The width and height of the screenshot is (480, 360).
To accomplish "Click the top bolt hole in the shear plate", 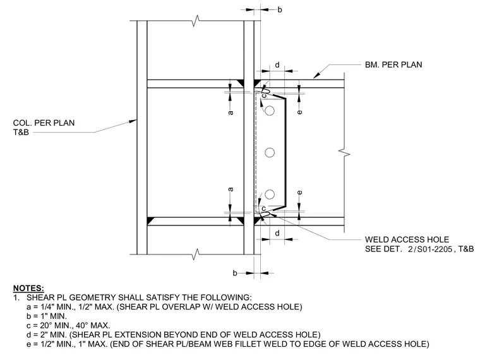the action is [270, 111].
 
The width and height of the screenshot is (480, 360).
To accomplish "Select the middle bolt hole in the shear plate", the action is [270, 152].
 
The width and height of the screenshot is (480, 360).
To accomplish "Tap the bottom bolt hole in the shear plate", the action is [270, 195].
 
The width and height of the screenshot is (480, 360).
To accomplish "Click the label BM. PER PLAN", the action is [393, 65].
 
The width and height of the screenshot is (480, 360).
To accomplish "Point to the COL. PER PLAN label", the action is [44, 123].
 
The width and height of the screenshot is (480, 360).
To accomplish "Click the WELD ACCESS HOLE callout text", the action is [407, 239].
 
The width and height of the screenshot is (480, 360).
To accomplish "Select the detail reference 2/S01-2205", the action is [430, 249].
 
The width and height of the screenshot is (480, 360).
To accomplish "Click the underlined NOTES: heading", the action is [28, 288].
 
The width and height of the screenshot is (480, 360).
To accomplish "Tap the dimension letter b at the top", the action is [280, 10].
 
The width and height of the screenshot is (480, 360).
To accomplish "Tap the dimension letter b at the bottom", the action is [235, 273].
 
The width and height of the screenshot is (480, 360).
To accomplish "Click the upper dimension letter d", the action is [277, 65].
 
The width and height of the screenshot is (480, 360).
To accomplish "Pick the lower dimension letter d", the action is [277, 233].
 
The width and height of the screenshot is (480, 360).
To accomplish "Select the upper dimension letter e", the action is [300, 112].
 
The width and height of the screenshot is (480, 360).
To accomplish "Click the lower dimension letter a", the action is [231, 189].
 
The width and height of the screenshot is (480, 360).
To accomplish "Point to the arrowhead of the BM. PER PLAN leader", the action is [316, 75].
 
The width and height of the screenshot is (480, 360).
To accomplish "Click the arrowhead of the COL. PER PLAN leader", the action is [133, 121].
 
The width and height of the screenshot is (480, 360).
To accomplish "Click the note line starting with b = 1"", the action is [47, 316].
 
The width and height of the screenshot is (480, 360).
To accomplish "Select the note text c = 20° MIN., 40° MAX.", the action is [68, 325].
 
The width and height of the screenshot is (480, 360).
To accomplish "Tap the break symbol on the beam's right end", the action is [344, 152].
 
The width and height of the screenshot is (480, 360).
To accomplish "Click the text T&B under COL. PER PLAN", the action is [21, 132].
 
